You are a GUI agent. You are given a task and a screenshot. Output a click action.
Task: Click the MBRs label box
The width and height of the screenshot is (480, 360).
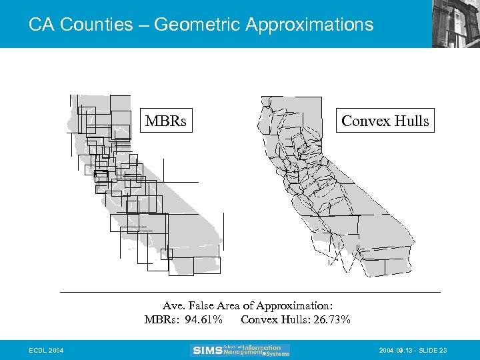click(x=166, y=121)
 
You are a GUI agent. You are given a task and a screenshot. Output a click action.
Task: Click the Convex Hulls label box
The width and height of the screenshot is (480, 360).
click(x=385, y=121)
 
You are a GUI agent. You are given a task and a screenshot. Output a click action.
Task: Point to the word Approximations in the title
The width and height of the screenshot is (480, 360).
click(x=309, y=25)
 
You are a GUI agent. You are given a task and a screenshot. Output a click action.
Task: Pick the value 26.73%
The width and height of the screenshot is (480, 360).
click(x=330, y=320)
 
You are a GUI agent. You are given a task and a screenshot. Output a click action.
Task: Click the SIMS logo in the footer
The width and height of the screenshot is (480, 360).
click(x=206, y=350)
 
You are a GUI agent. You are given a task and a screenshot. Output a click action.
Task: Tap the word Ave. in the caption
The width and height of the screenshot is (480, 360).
click(x=175, y=306)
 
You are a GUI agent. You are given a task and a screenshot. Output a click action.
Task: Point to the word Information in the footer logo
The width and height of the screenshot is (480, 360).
click(x=261, y=347)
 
